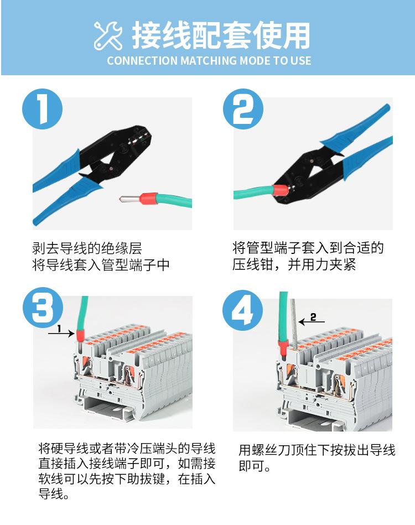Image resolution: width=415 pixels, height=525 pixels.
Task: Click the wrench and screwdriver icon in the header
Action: point(108,36)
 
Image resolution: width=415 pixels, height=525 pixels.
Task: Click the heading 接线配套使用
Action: point(221,35)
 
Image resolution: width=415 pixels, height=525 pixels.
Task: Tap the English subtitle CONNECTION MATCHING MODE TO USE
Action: point(209,61)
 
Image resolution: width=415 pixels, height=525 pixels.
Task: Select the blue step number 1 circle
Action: point(43,109)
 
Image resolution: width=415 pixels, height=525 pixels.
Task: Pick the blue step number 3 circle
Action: point(43,308)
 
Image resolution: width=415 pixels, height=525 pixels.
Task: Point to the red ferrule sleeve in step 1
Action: point(147,197)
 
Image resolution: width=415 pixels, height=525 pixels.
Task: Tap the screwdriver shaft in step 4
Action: point(294,326)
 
